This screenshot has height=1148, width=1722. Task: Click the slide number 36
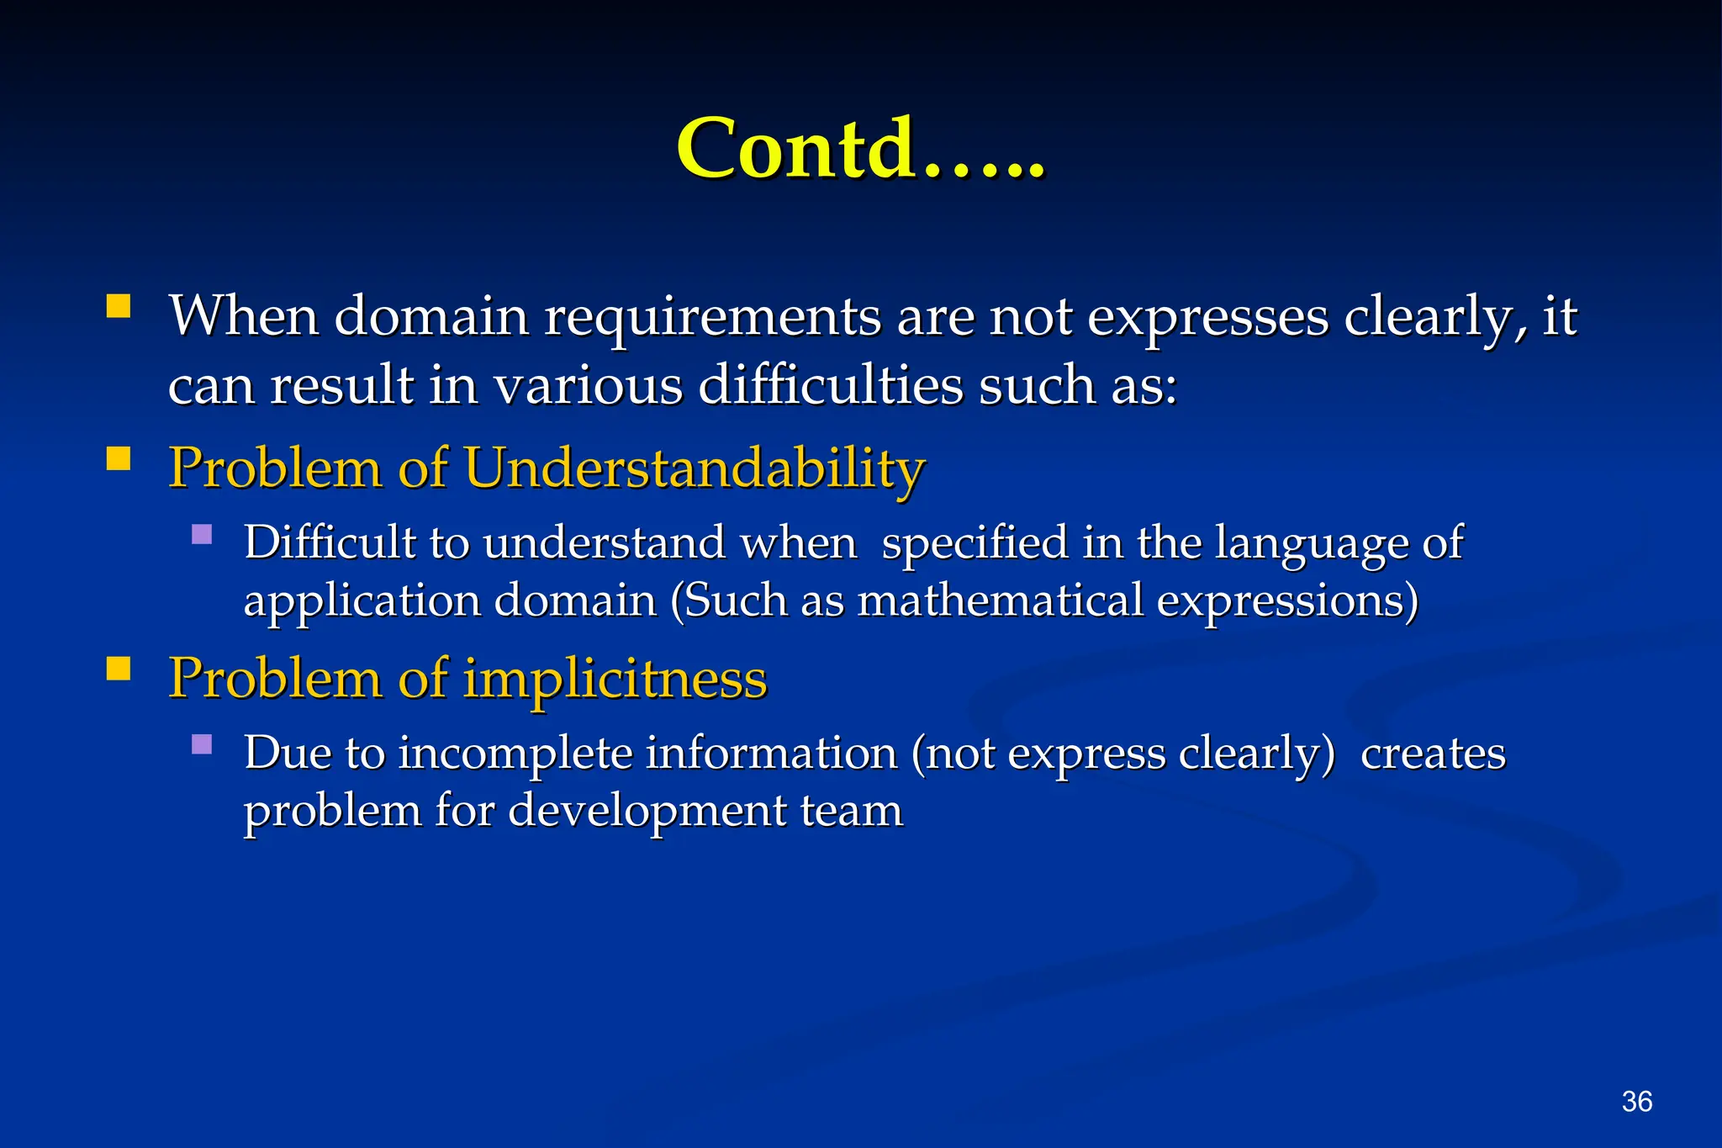click(1636, 1101)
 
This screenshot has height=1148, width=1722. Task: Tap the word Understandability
click(694, 468)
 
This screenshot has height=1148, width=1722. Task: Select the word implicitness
click(615, 678)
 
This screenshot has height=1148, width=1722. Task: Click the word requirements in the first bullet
click(712, 318)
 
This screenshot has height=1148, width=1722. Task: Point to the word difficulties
click(830, 386)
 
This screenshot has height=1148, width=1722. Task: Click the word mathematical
click(1000, 600)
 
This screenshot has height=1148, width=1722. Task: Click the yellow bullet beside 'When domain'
click(119, 305)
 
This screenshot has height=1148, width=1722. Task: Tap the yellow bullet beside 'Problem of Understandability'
click(119, 458)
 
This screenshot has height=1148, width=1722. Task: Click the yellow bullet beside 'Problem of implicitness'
click(119, 668)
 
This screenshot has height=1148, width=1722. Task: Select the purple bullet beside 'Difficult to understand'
click(202, 534)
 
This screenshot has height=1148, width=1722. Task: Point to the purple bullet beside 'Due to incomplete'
click(202, 744)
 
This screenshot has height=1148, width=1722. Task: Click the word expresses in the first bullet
click(1207, 318)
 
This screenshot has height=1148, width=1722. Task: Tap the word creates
click(1433, 753)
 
